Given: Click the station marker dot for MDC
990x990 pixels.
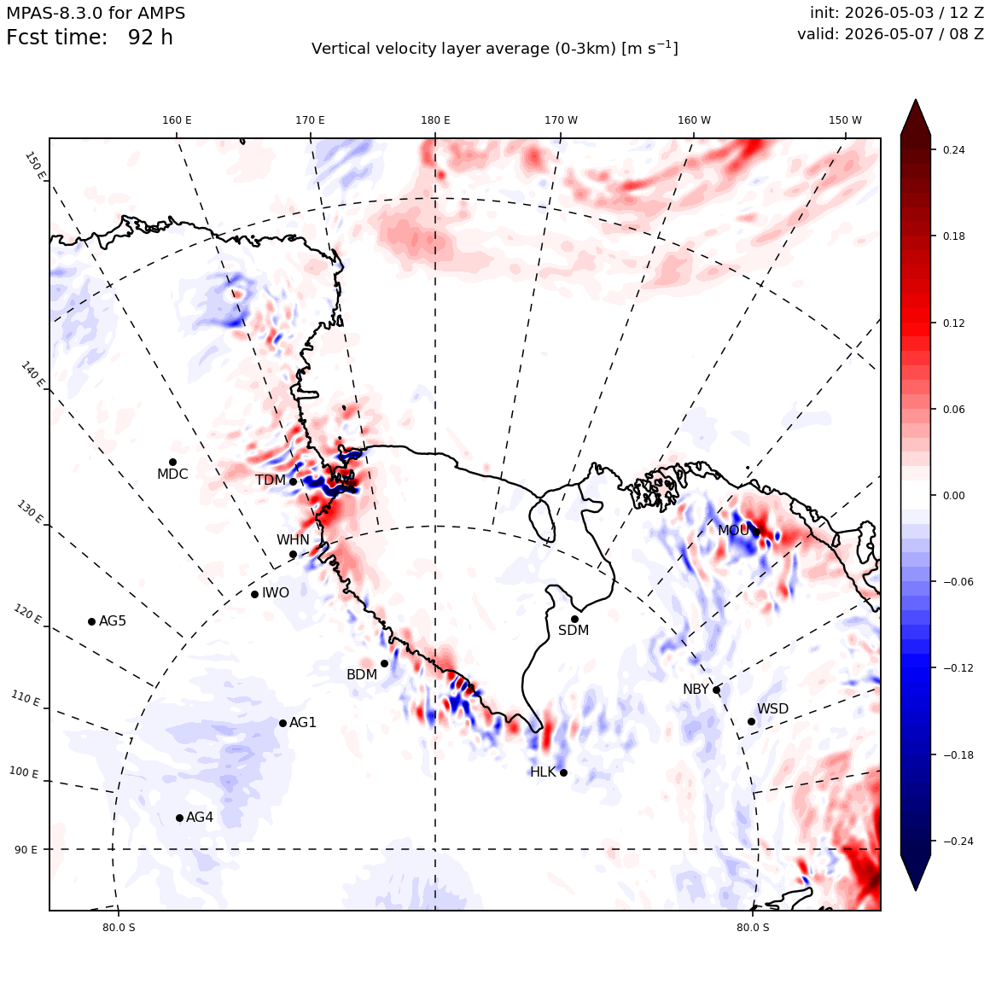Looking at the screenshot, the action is click(172, 463).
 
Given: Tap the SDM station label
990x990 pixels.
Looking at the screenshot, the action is click(574, 630).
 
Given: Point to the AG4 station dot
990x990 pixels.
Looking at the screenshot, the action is click(179, 818).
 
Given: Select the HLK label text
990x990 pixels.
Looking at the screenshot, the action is click(543, 772).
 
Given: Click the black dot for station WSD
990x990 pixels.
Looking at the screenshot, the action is click(751, 722).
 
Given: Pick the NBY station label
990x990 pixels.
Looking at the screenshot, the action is click(696, 690).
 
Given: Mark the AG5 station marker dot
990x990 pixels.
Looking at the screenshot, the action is click(91, 621).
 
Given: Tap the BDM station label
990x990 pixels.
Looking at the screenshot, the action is click(362, 675).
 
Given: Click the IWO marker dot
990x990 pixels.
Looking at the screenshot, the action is click(254, 594).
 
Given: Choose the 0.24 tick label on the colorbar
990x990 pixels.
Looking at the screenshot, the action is click(953, 149).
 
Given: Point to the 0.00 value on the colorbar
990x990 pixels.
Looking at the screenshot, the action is click(953, 496).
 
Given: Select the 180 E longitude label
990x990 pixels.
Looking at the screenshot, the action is click(435, 120).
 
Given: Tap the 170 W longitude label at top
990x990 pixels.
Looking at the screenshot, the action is click(562, 120).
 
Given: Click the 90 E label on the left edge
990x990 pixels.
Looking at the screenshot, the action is click(26, 850).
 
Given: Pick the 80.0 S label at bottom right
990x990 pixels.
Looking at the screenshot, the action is click(753, 928).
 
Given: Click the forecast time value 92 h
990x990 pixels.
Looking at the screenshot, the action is click(150, 38).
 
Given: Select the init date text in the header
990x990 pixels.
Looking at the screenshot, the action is click(897, 13).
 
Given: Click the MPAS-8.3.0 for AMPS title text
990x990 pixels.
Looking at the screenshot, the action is click(96, 13).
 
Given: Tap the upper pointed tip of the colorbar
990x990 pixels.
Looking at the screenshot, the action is click(916, 100).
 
